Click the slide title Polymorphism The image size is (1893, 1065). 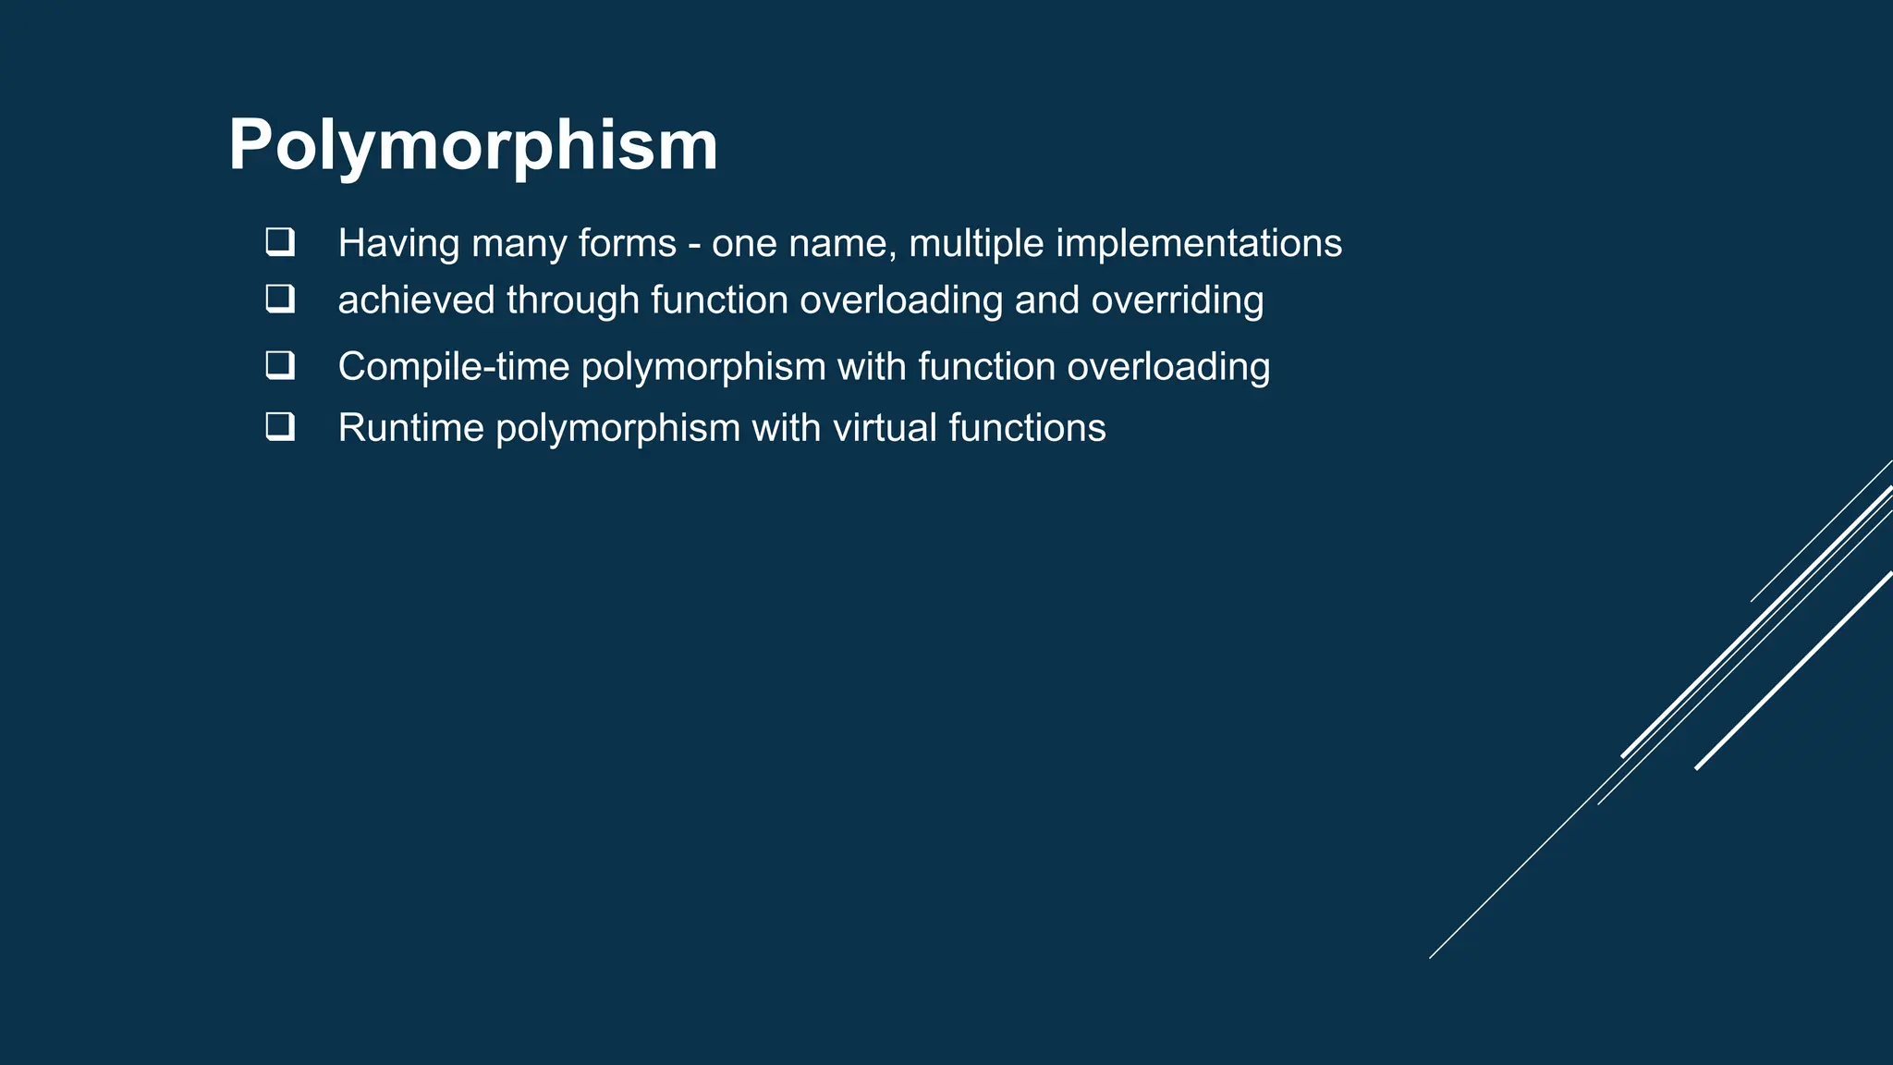pyautogui.click(x=472, y=145)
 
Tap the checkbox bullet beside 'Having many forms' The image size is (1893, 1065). pyautogui.click(x=280, y=242)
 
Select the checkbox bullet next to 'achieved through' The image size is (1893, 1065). pyautogui.click(x=280, y=299)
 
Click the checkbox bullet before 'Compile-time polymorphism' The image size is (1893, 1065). pyautogui.click(x=280, y=365)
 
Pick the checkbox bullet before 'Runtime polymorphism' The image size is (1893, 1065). pyautogui.click(x=280, y=426)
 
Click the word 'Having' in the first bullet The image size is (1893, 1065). pyautogui.click(x=398, y=243)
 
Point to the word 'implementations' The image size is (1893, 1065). pyautogui.click(x=1199, y=244)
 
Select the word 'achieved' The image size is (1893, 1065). pyautogui.click(x=416, y=300)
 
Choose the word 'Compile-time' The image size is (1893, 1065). pyautogui.click(x=453, y=367)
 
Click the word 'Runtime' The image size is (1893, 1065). pyautogui.click(x=409, y=428)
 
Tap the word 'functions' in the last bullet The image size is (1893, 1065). pyautogui.click(x=1027, y=428)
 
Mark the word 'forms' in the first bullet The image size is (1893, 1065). pyautogui.click(x=628, y=244)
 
